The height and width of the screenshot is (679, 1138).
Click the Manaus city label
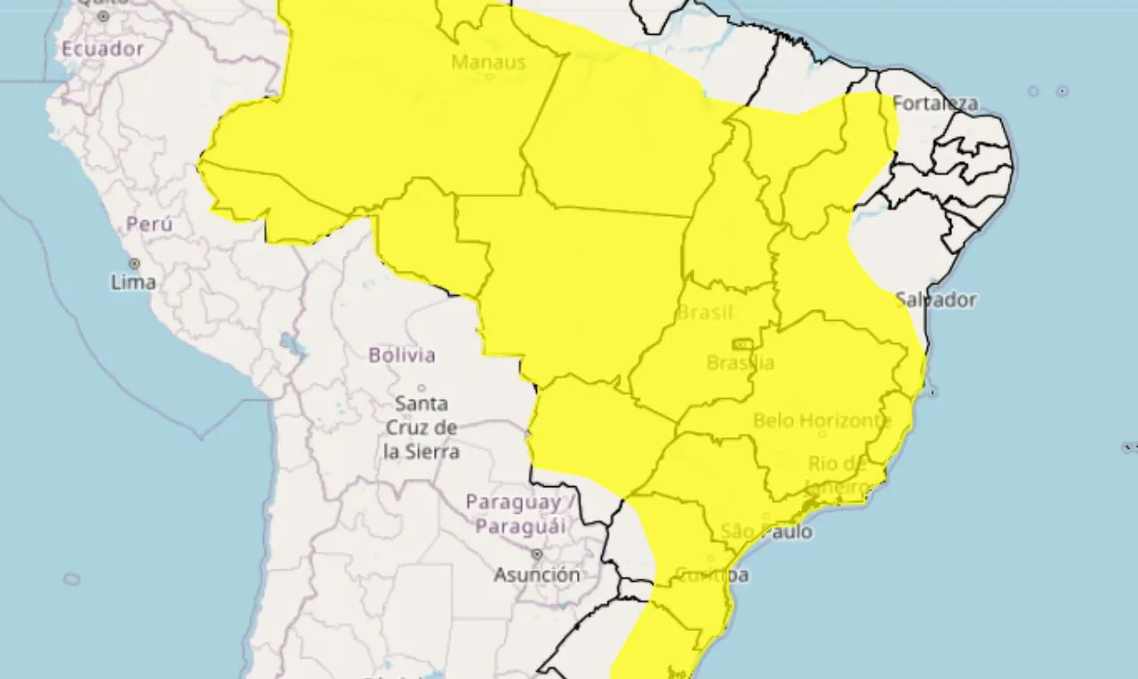489,62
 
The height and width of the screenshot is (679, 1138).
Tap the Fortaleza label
934,103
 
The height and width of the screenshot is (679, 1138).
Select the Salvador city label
935,300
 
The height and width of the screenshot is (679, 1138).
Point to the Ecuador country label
102,49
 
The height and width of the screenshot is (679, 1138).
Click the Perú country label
149,224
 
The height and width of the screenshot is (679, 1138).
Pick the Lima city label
133,283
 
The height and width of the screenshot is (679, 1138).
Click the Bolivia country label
402,355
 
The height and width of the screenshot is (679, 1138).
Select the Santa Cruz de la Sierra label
421,427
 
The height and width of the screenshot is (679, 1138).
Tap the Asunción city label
537,574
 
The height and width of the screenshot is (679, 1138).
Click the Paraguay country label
516,514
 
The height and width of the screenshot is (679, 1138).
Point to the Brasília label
740,363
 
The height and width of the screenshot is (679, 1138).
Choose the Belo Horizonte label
822,420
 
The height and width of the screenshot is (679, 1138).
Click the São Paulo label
766,531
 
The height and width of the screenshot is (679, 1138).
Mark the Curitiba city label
711,575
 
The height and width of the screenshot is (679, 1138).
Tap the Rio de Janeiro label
837,475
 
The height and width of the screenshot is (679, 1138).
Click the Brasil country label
705,312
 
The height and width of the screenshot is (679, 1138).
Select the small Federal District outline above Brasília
741,344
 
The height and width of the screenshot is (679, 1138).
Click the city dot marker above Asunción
538,554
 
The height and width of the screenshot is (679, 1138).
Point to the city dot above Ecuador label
103,16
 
